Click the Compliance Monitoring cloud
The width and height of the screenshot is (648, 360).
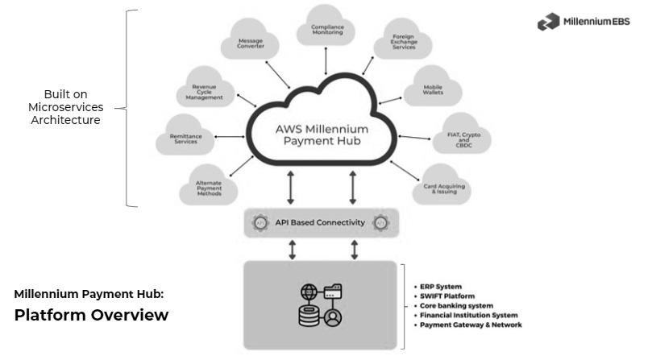[327, 31]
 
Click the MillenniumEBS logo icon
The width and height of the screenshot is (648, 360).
[549, 23]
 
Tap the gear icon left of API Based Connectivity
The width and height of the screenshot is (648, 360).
[260, 222]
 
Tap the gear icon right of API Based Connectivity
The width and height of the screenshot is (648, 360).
[380, 222]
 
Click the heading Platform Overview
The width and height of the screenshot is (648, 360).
[91, 315]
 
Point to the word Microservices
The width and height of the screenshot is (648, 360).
[65, 106]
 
